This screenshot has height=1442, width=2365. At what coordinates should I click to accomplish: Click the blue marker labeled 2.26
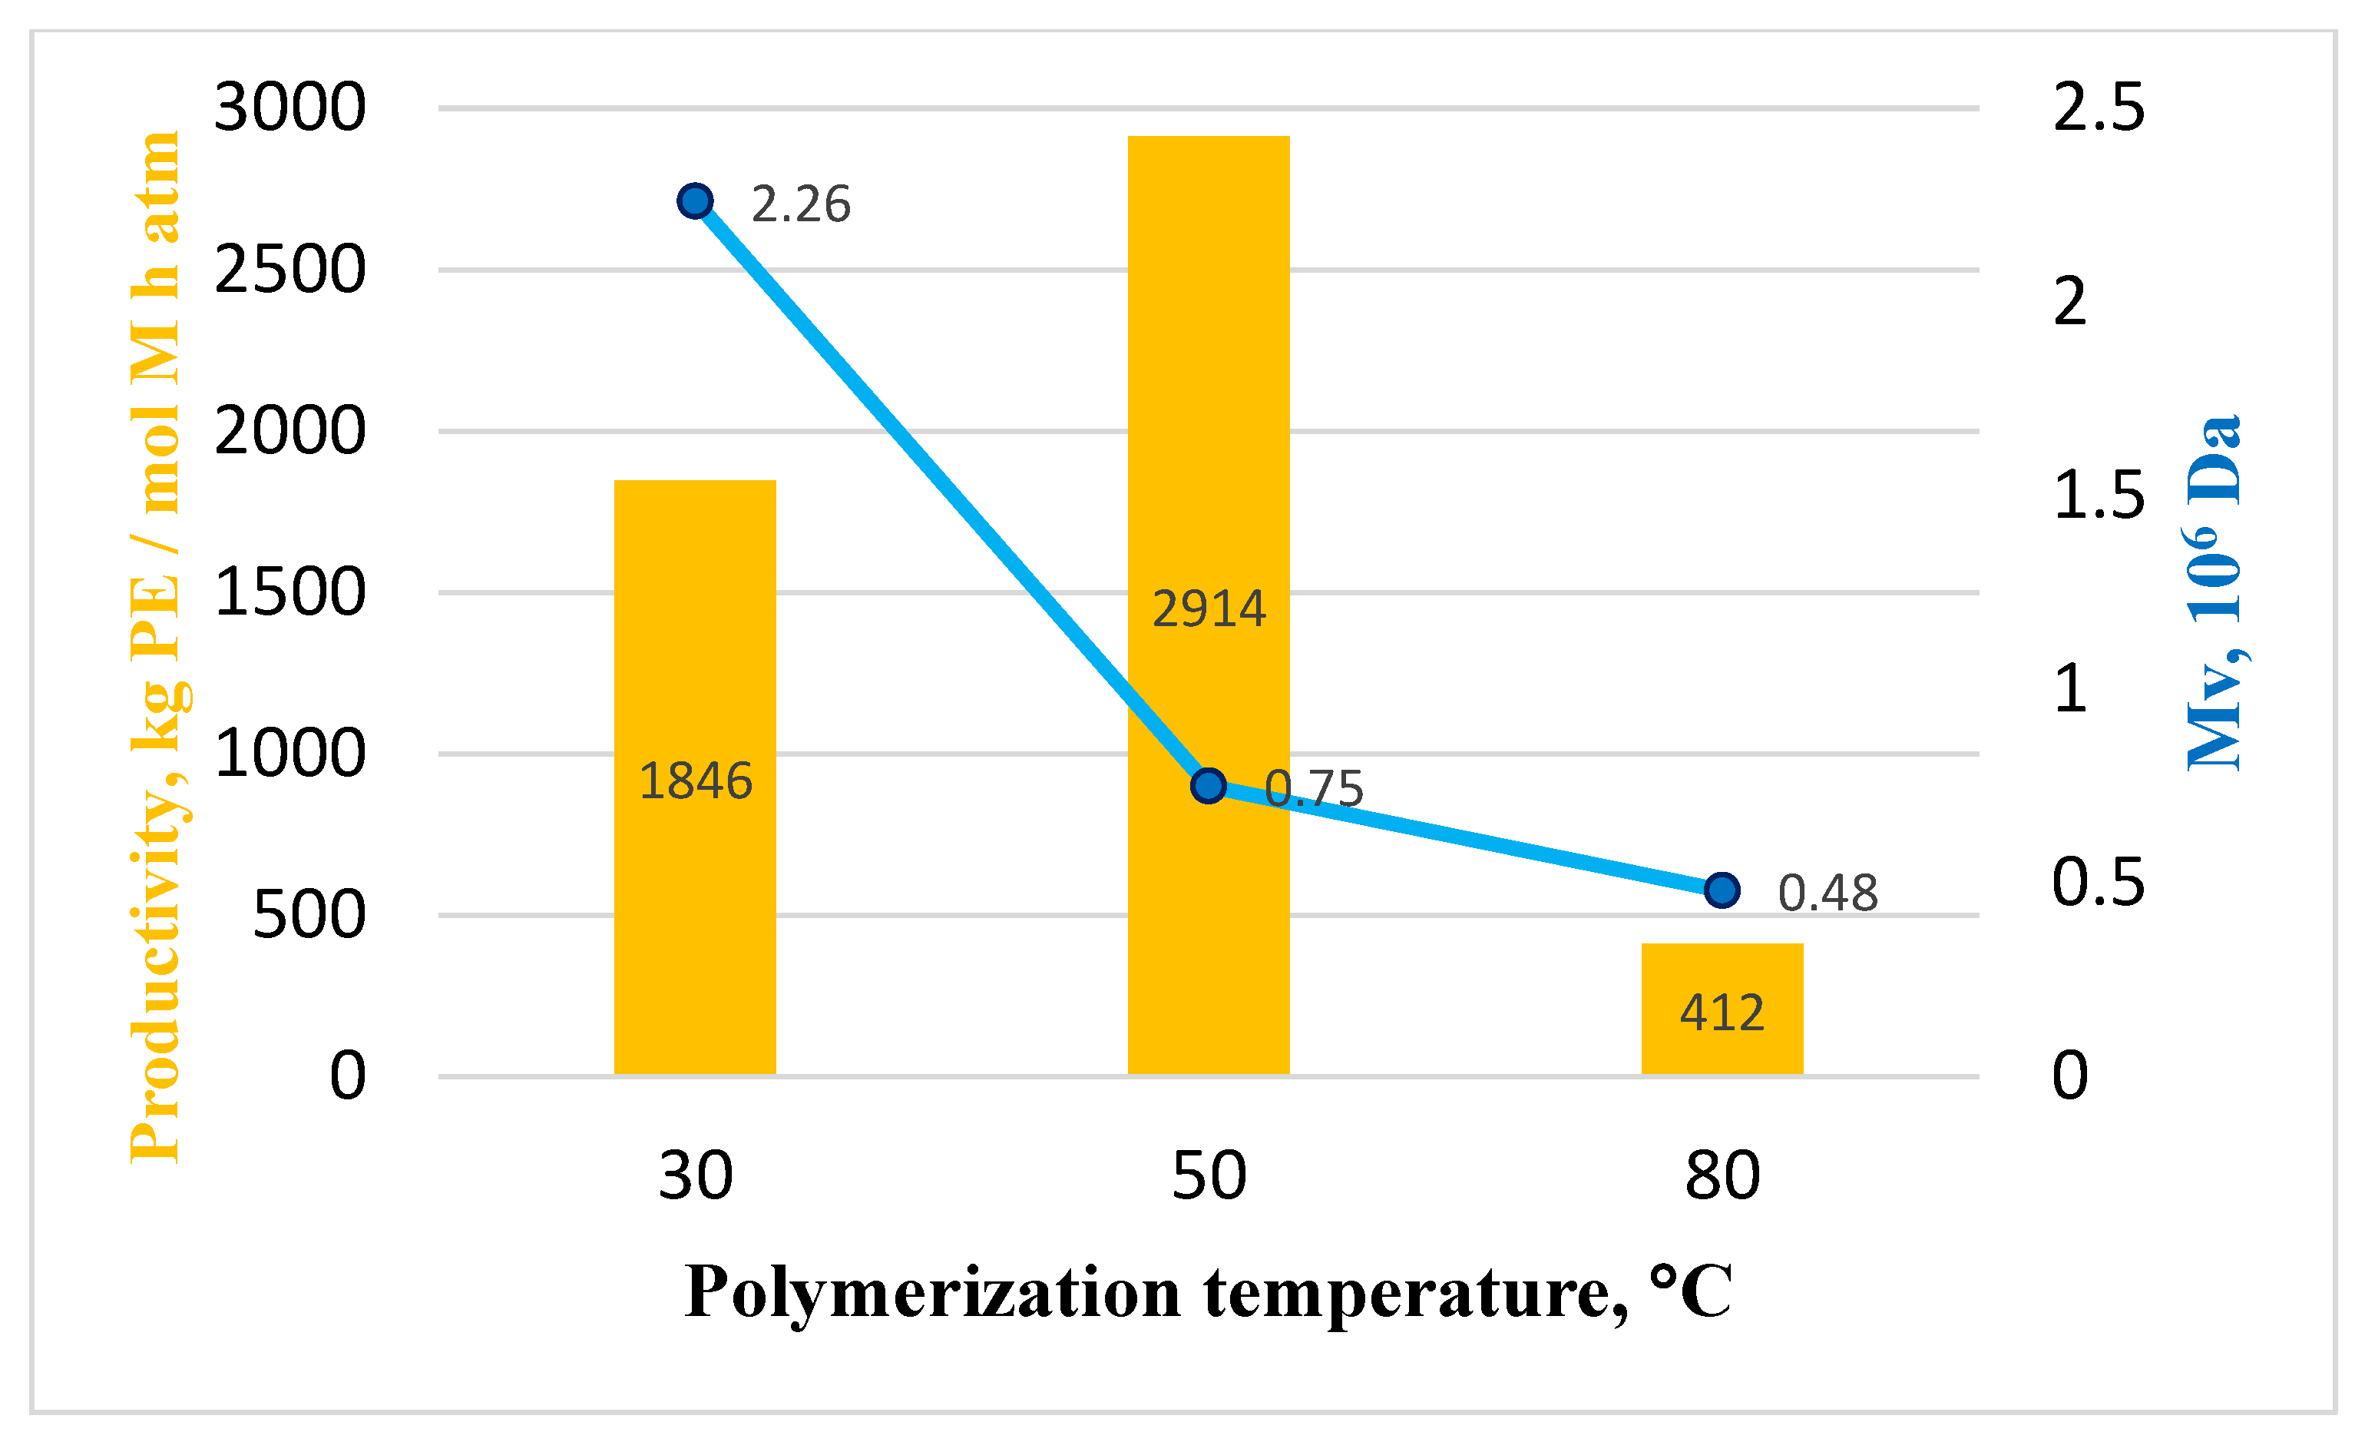coord(694,201)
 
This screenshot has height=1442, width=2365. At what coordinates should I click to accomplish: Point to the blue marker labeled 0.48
coord(1721,890)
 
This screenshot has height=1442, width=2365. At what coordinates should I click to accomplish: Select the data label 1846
coord(694,781)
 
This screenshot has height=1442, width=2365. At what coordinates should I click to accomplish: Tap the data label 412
coord(1721,1013)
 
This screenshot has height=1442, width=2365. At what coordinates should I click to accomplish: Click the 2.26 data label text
coord(799,204)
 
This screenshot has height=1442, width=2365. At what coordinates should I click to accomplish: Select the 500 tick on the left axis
coord(308,914)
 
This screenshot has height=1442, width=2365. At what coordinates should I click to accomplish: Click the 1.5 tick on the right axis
coord(2097,496)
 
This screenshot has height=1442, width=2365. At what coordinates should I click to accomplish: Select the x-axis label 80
coord(1721,1175)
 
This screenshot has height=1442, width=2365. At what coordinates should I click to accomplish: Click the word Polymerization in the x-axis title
coord(931,1293)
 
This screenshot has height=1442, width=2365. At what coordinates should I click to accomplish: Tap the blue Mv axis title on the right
coord(2212,592)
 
